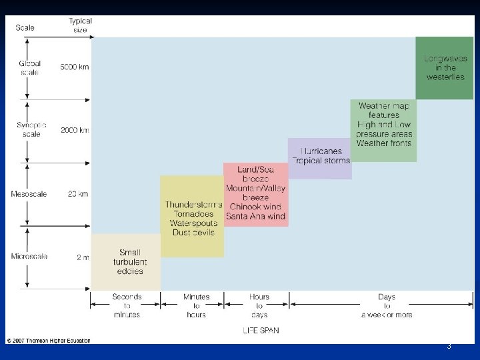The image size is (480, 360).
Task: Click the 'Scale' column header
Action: pos(25,28)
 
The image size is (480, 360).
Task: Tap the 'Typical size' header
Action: pos(80,25)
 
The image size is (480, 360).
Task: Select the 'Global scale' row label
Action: pos(29,68)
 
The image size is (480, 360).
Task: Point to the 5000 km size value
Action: pos(75,67)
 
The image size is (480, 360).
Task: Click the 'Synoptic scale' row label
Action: pos(31,129)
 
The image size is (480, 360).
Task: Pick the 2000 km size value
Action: pos(75,130)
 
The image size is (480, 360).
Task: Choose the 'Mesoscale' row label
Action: pos(29,194)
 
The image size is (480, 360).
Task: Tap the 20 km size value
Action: pos(78,194)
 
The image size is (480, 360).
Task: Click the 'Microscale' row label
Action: pos(28,257)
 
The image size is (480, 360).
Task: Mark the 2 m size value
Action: pos(83,257)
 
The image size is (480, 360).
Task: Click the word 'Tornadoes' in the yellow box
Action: pos(191,213)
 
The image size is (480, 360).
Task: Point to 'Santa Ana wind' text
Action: pos(255,216)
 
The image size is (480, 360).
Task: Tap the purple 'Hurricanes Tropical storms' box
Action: pos(320,156)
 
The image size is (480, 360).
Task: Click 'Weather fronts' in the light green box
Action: pos(384,143)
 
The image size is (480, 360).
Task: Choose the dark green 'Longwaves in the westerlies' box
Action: pos(445,67)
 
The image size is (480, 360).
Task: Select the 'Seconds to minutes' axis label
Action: pos(127,305)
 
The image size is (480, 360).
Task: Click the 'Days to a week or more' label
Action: pos(387,305)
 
